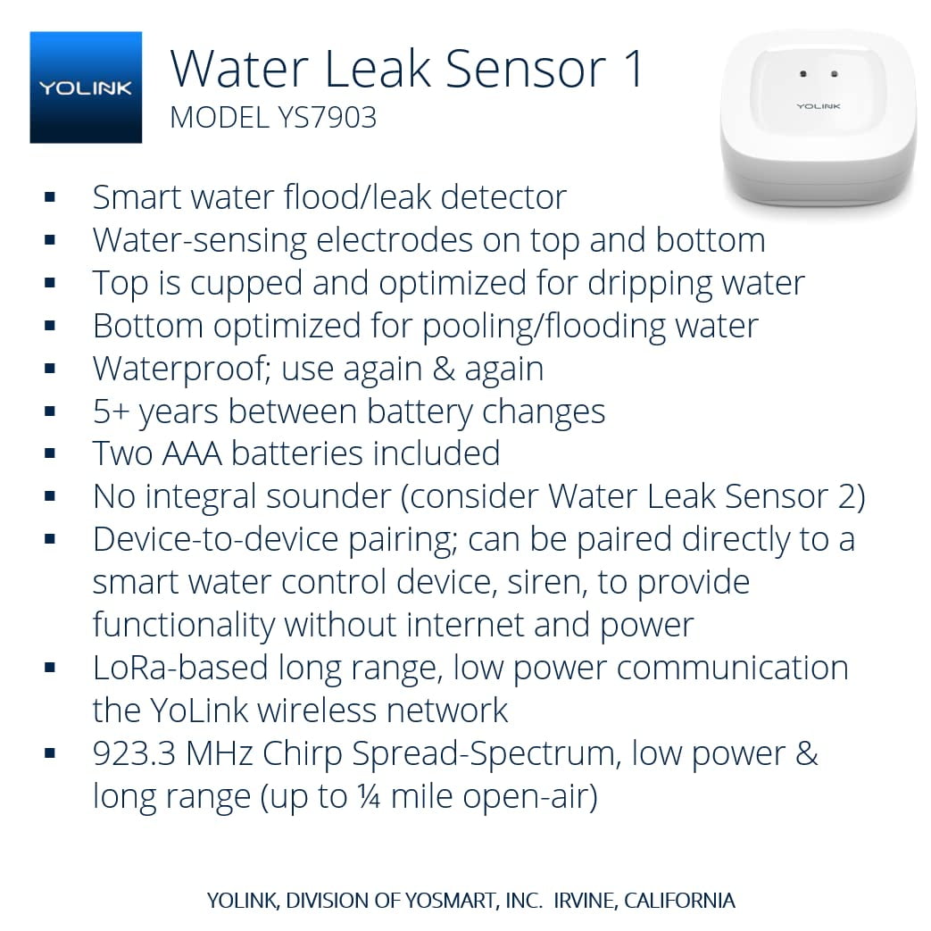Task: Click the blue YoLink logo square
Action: tap(86, 87)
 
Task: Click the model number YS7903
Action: tap(325, 118)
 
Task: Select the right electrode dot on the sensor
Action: tap(834, 74)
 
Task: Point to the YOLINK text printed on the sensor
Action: tap(819, 106)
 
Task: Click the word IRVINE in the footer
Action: tap(584, 901)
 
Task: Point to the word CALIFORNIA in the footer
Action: tap(679, 901)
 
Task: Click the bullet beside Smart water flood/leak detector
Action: tap(50, 197)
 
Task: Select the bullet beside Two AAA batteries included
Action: tap(50, 454)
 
